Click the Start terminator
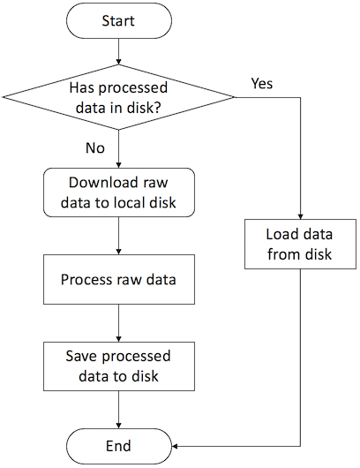[117, 20]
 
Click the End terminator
[117, 445]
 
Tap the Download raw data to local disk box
[117, 192]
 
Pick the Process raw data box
[117, 279]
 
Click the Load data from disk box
[300, 244]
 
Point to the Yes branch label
[262, 84]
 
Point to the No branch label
[95, 147]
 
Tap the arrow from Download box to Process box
[117, 237]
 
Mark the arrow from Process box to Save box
[117, 323]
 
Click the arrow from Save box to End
[117, 410]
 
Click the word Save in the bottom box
[82, 357]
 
